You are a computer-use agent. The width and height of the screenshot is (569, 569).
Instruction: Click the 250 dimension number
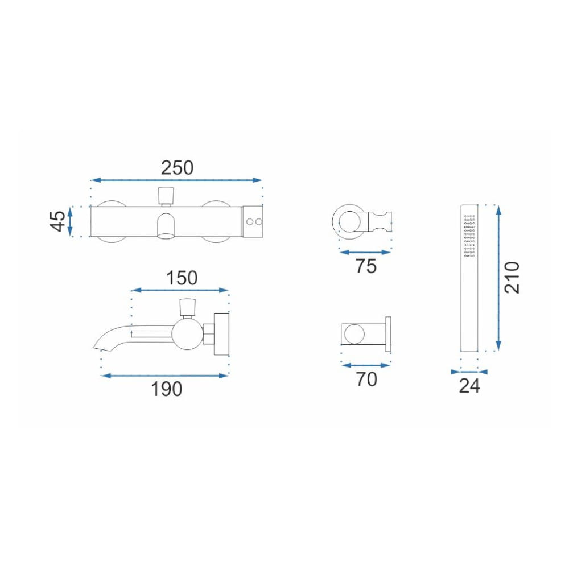click(177, 168)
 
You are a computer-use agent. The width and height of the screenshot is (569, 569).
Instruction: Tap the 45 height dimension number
click(57, 221)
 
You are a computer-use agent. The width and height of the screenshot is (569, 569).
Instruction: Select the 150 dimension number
click(182, 278)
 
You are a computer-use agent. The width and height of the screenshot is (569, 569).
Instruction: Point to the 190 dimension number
click(166, 389)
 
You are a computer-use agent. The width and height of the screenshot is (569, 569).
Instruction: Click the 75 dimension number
click(366, 266)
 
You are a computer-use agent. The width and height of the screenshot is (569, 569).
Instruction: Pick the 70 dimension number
click(366, 379)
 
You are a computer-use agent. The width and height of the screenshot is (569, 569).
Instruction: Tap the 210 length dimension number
click(512, 278)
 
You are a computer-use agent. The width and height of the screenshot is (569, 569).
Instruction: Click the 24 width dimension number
click(469, 386)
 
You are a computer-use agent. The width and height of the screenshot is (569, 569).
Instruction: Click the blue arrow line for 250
click(176, 180)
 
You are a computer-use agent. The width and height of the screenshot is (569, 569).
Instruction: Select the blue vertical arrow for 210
click(498, 278)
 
